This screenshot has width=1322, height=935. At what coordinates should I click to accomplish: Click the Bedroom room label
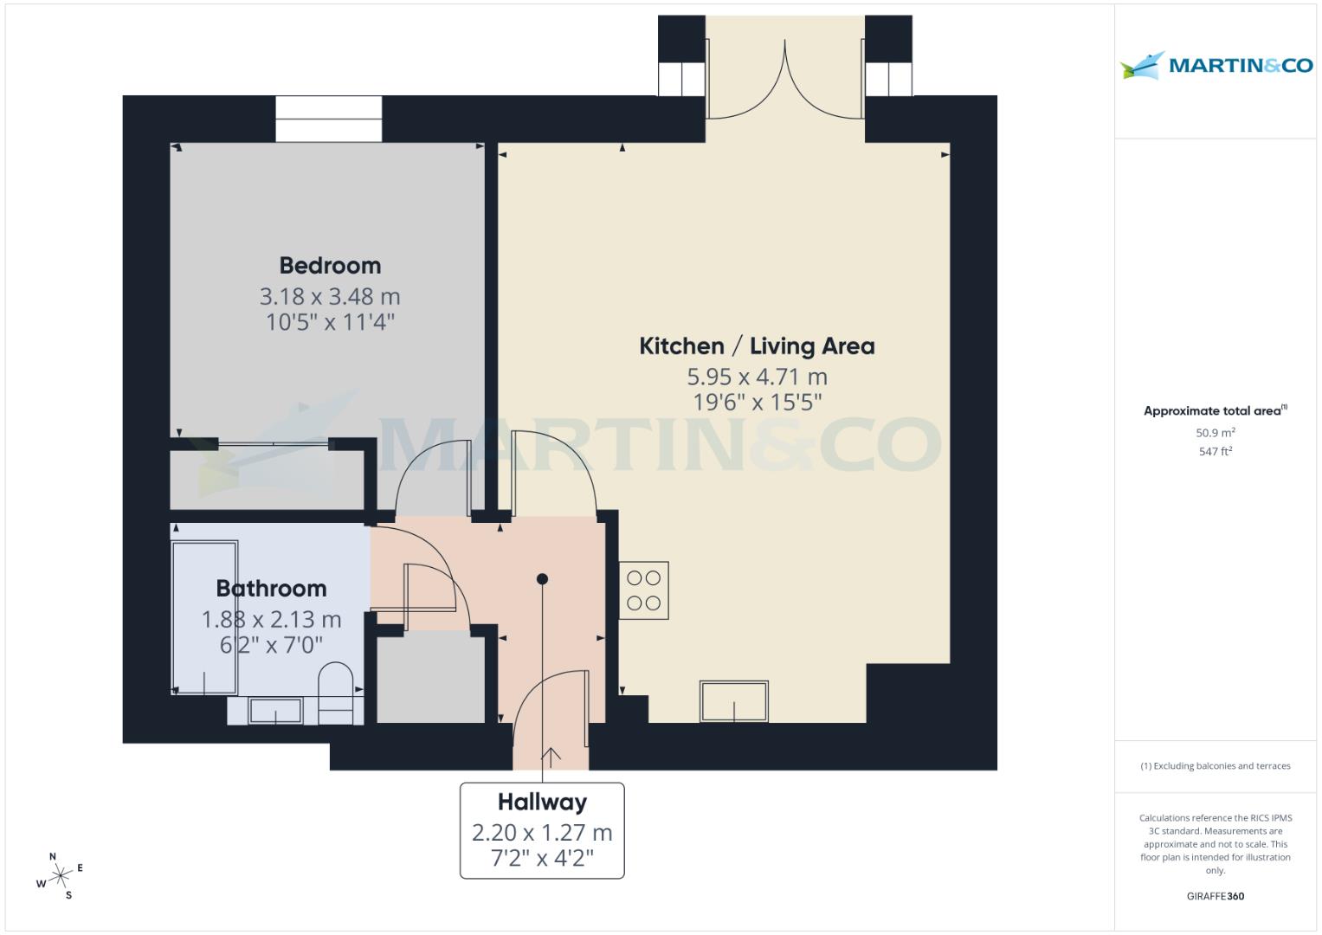330,265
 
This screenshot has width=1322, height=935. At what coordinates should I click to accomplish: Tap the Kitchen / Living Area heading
757,346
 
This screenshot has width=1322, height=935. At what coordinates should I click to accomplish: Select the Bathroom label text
271,589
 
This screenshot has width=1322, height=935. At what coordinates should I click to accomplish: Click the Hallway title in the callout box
542,802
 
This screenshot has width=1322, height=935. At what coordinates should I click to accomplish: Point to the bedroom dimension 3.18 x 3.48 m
330,297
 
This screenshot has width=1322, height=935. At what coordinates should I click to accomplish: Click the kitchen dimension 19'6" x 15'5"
757,403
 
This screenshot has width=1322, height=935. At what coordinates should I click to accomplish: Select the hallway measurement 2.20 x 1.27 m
542,833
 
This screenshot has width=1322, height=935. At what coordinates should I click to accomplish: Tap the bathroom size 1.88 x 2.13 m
271,620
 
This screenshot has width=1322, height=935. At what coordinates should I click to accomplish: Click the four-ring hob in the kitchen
643,590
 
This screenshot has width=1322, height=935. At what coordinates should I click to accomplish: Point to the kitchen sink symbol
734,701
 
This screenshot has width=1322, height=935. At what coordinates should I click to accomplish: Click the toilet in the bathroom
335,691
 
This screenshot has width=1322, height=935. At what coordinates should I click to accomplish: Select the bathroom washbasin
275,711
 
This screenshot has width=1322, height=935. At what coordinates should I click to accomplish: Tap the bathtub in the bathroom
205,617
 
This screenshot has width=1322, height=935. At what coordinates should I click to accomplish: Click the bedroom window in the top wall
329,119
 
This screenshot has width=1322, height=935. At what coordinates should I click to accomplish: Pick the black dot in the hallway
542,578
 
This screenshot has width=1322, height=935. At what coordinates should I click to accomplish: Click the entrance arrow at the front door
551,756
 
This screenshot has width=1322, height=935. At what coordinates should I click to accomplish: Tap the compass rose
61,877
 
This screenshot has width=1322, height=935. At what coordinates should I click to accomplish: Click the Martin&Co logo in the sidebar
1216,65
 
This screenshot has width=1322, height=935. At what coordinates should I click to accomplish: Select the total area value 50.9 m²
1215,433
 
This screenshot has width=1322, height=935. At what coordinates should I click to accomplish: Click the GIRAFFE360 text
1215,896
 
